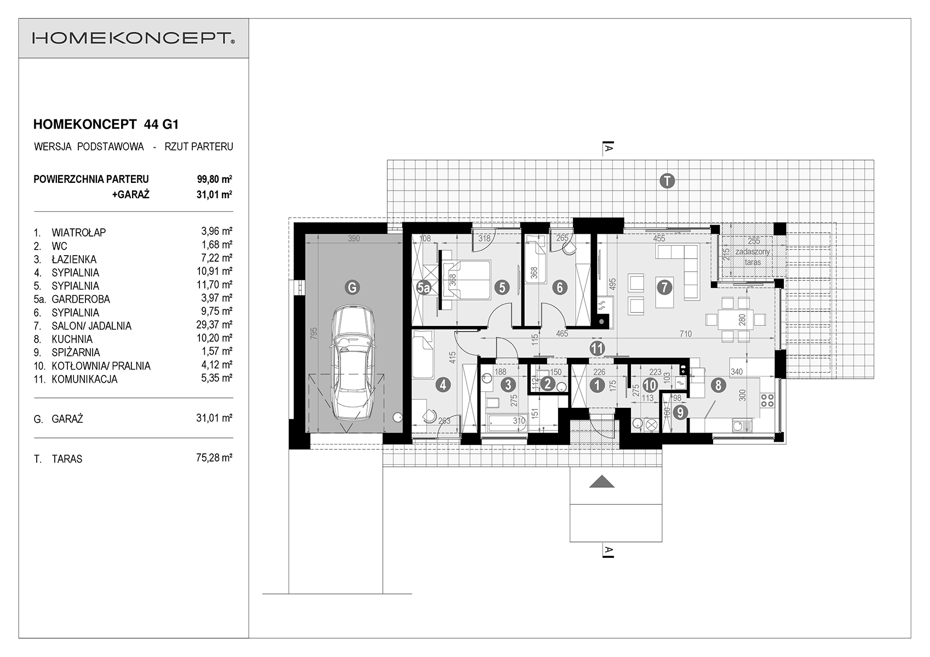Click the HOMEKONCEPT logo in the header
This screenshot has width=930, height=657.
[x=133, y=38]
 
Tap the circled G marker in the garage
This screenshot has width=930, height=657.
[x=352, y=287]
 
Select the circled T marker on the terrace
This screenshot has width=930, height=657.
[x=667, y=181]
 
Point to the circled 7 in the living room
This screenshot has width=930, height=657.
[x=664, y=287]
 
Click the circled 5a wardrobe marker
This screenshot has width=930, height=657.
[x=423, y=287]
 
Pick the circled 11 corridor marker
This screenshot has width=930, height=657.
[x=597, y=348]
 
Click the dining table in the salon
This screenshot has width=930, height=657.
[x=736, y=320]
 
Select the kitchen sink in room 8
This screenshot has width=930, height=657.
[x=742, y=425]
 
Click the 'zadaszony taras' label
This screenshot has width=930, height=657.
[x=753, y=257]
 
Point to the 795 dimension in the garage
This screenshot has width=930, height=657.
[x=314, y=334]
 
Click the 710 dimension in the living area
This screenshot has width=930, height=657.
[x=686, y=333]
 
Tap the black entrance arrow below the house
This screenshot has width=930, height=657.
[x=601, y=482]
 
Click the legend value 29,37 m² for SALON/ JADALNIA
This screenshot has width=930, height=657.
[x=214, y=325]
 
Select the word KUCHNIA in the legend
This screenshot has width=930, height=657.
[x=72, y=339]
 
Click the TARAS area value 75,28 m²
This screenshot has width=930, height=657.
[x=214, y=458]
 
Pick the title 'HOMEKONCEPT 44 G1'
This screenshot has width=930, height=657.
[x=106, y=124]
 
